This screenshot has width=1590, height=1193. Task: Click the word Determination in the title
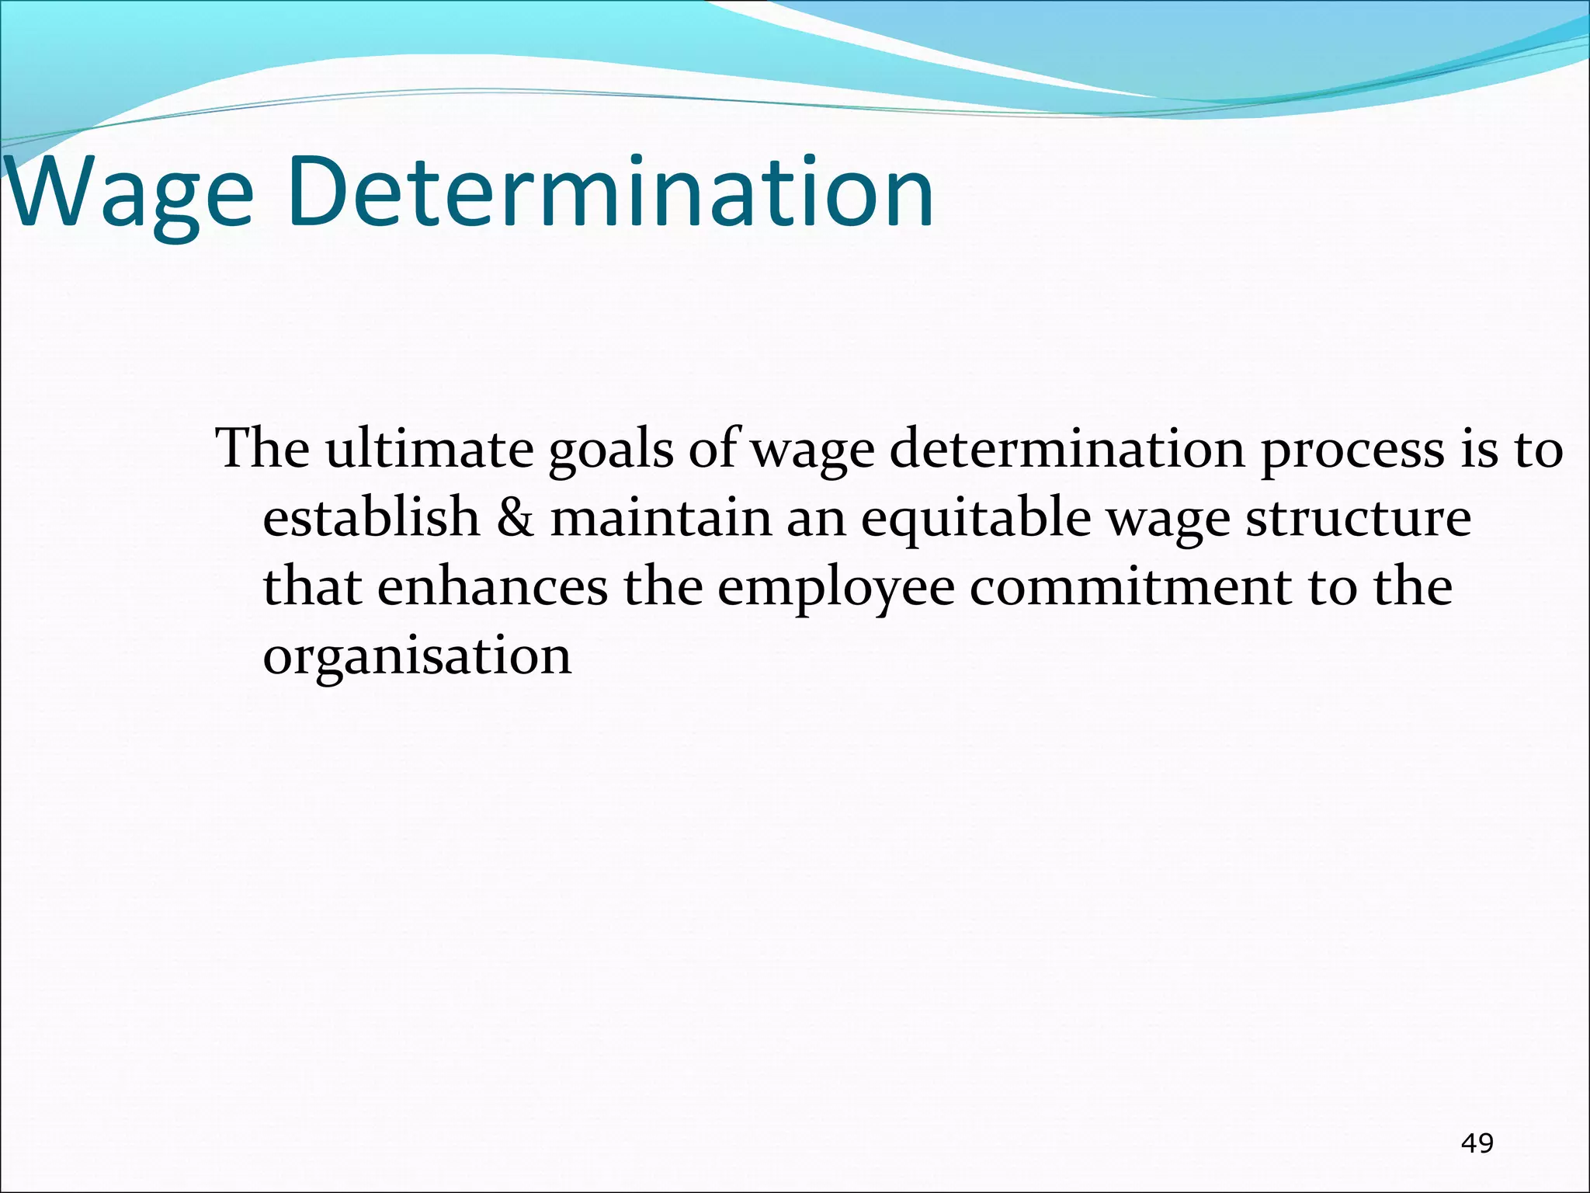pyautogui.click(x=610, y=192)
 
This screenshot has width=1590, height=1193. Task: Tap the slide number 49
pyautogui.click(x=1477, y=1143)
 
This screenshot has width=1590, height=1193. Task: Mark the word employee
pyautogui.click(x=835, y=586)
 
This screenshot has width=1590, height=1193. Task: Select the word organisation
pyautogui.click(x=417, y=655)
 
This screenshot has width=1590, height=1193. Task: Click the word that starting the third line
pyautogui.click(x=312, y=586)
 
